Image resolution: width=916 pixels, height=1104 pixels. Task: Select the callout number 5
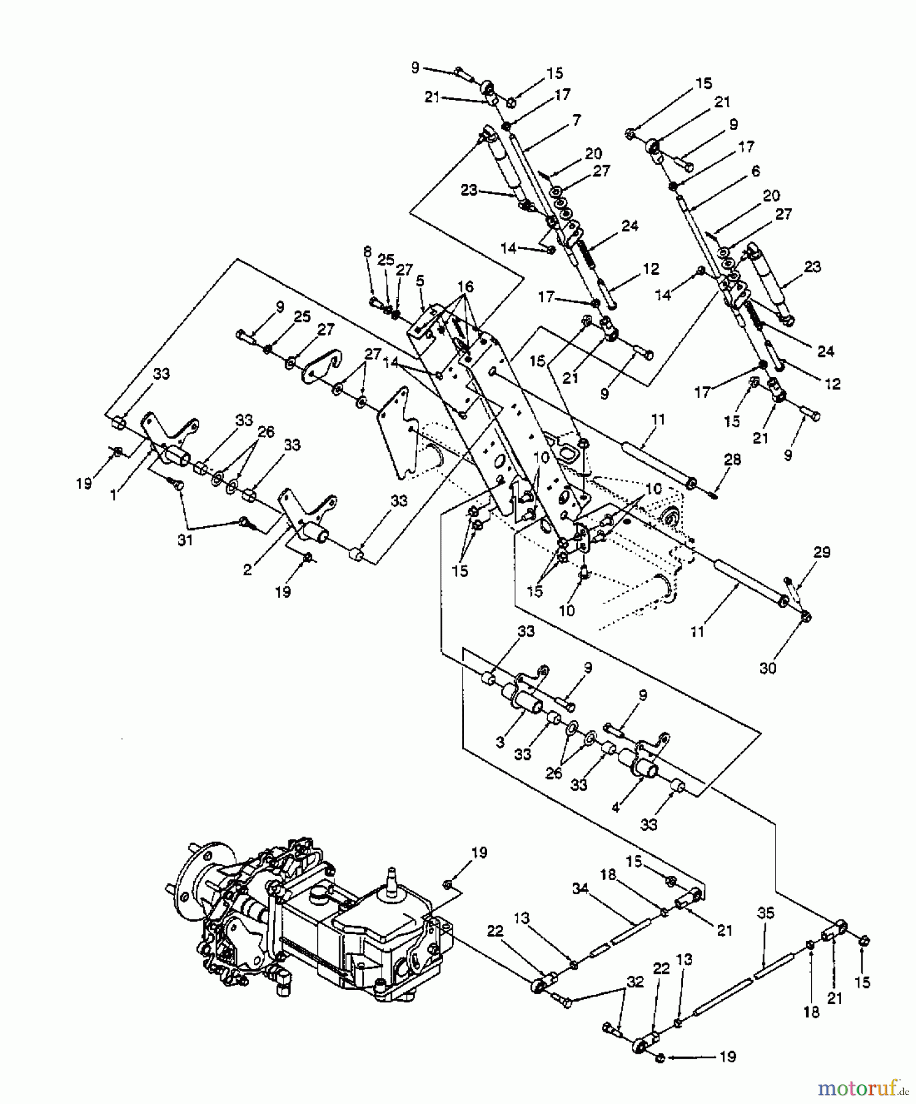pyautogui.click(x=420, y=282)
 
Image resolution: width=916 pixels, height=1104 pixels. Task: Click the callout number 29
pyautogui.click(x=822, y=552)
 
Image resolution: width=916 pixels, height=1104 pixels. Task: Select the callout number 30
pyautogui.click(x=768, y=668)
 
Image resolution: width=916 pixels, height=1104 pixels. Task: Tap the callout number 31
pyautogui.click(x=185, y=540)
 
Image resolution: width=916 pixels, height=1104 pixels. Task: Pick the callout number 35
pyautogui.click(x=766, y=914)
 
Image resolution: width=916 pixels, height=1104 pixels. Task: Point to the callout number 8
pyautogui.click(x=368, y=251)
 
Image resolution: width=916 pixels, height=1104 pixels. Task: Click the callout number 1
pyautogui.click(x=114, y=495)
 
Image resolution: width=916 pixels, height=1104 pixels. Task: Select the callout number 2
pyautogui.click(x=247, y=570)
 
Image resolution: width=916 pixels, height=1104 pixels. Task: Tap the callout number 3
pyautogui.click(x=501, y=742)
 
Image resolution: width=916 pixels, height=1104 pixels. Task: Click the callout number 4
pyautogui.click(x=616, y=808)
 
